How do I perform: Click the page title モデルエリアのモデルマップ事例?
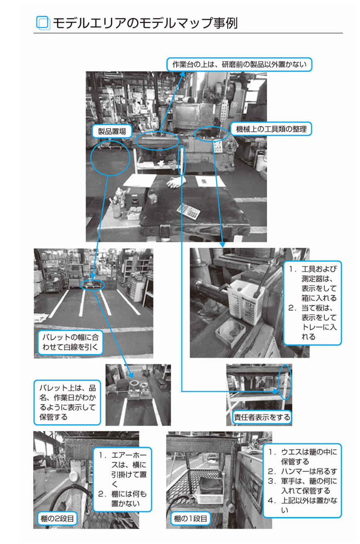coord(145,23)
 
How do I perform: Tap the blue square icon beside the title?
coord(43,23)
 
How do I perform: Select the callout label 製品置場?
coord(112,131)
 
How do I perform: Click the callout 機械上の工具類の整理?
coord(271,129)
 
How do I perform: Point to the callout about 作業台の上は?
coord(239,64)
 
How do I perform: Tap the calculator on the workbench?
coord(188,212)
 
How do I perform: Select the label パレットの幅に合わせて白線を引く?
coord(70,342)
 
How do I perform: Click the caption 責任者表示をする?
coord(262,417)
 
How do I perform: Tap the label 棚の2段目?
coord(57,518)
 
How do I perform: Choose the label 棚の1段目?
coord(190,518)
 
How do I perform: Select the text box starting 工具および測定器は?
coord(313,303)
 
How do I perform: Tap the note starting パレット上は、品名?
coord(67,402)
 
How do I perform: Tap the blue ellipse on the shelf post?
coord(285,382)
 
